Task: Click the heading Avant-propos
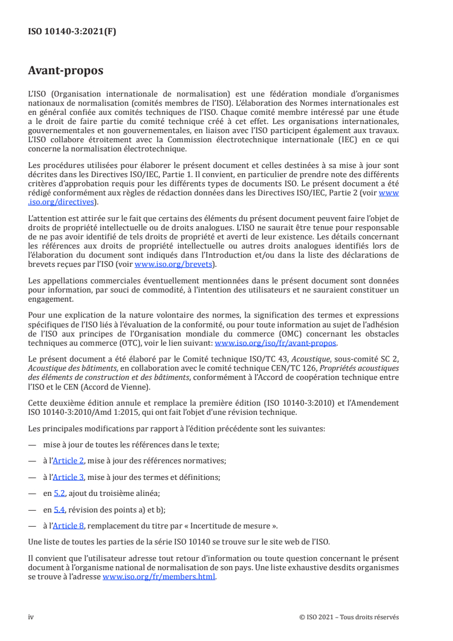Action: click(x=66, y=71)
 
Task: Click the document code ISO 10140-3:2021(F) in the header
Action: click(x=72, y=32)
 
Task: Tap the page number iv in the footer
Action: click(x=31, y=617)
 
